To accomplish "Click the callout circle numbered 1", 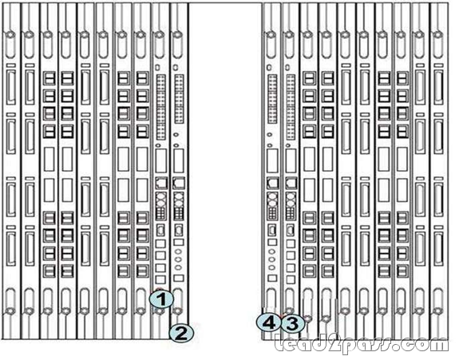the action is (161, 299).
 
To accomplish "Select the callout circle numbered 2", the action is (181, 334).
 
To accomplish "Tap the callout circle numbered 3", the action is (292, 323).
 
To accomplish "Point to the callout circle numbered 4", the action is (268, 323).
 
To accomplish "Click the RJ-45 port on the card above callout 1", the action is (160, 183).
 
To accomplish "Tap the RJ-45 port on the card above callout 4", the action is (272, 183).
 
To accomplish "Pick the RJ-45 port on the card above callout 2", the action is (179, 183).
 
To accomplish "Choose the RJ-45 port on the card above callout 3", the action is (291, 183).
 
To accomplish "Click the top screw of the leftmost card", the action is (10, 34).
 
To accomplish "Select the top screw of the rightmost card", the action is (438, 34).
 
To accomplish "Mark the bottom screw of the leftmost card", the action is (10, 311).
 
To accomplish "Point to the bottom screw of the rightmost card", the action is (438, 311).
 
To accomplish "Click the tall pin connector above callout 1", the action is (161, 107).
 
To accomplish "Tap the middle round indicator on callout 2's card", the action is (178, 259).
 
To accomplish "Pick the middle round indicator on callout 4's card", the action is (272, 259).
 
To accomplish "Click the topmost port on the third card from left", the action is (49, 78).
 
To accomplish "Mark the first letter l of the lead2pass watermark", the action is (279, 342).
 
